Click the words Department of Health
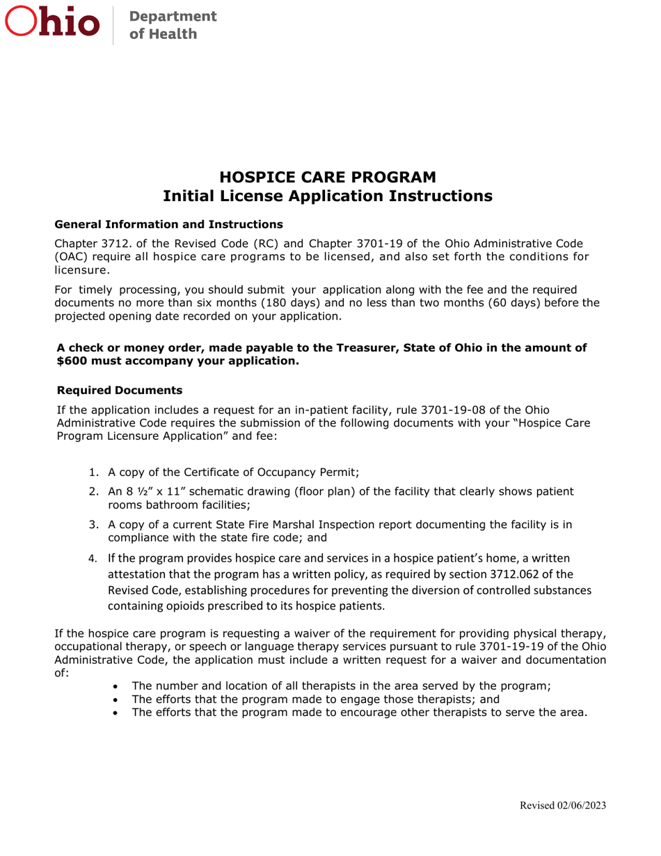[x=165, y=24]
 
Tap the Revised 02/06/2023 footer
[x=563, y=805]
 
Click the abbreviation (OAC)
[x=72, y=257]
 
